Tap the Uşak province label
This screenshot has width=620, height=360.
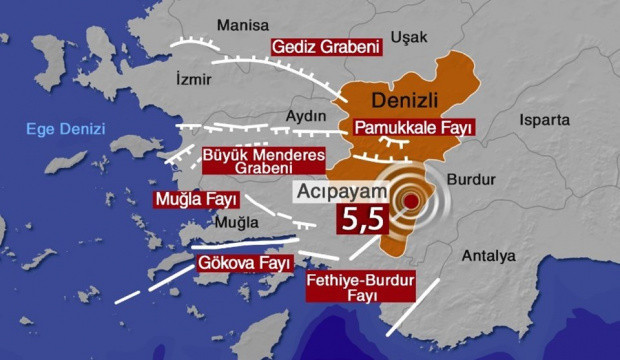pos(408,37)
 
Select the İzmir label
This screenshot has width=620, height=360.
pos(194,78)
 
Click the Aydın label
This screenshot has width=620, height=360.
pos(307,116)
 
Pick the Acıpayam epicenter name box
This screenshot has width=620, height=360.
pos(345,192)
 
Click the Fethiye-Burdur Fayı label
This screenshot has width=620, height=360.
pos(359,287)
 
